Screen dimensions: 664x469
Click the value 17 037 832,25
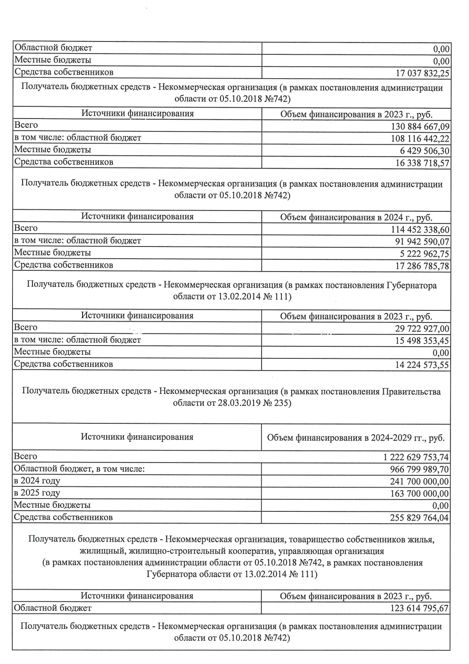[x=422, y=73]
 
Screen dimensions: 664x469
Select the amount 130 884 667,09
[x=420, y=127]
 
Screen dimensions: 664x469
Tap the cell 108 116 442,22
[x=420, y=139]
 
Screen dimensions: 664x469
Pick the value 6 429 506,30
[x=424, y=151]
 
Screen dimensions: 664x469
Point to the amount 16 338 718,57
[x=422, y=163]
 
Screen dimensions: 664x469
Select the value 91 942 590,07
[x=422, y=242]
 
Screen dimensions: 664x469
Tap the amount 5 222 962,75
[x=424, y=254]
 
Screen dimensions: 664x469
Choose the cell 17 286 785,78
[x=422, y=266]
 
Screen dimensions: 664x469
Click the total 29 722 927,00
[x=422, y=329]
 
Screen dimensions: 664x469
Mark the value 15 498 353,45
[x=422, y=341]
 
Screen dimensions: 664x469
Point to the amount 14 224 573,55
[x=422, y=365]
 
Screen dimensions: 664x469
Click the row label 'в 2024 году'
[x=37, y=481]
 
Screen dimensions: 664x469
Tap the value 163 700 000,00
[x=419, y=494]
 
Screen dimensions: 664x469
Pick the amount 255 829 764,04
[x=419, y=518]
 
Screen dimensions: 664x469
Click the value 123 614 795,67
[x=419, y=609]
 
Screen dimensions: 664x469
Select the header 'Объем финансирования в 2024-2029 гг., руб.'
[x=356, y=438]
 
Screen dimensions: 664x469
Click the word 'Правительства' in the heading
[x=411, y=392]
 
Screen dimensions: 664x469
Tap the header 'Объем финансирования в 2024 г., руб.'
[x=356, y=218]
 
